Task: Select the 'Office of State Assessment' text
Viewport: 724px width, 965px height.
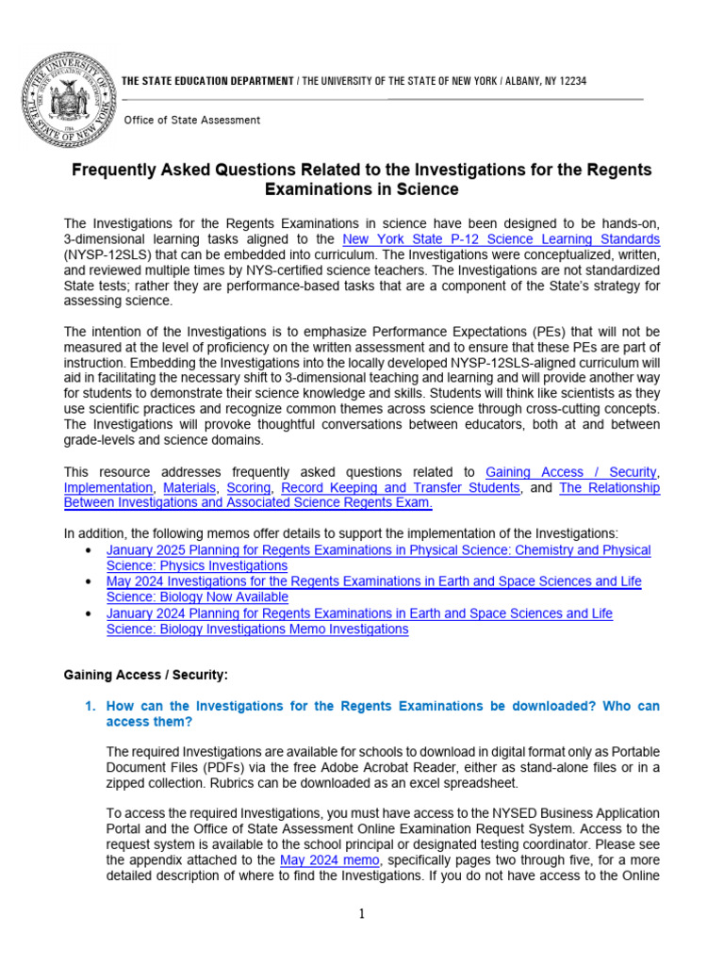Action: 193,121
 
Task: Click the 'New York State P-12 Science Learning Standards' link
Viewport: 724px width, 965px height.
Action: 502,239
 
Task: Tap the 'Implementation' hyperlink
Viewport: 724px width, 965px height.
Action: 107,487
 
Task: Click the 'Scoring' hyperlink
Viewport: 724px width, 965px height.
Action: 249,487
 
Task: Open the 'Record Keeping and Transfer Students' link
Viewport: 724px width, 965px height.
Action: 400,487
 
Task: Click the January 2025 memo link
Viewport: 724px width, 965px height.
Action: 377,557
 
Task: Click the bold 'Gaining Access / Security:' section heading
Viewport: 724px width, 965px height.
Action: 145,676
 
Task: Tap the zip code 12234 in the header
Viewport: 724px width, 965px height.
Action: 570,81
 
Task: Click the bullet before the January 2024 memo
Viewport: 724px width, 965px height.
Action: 88,613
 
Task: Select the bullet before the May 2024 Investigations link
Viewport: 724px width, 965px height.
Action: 88,582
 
